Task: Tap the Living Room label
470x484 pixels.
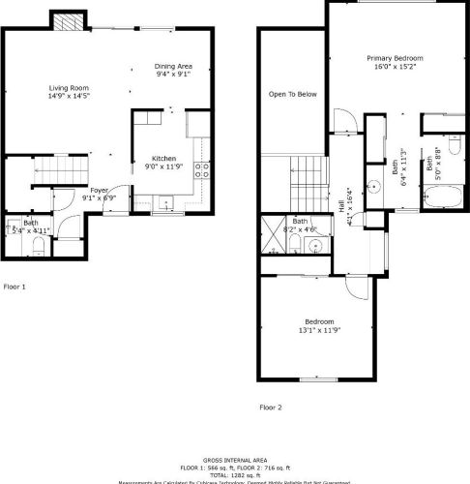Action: coord(70,88)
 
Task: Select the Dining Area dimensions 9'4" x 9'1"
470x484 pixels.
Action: coord(172,74)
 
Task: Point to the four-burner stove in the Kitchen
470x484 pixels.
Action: coord(203,170)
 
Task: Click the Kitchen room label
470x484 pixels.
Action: coord(162,158)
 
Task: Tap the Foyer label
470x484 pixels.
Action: coord(100,191)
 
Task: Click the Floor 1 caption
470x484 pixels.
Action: coord(15,287)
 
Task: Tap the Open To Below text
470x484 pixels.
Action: coord(293,94)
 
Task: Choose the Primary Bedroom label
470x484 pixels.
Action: coord(391,59)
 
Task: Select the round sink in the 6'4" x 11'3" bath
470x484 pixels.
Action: coord(369,184)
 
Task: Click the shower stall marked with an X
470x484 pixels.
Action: coord(271,235)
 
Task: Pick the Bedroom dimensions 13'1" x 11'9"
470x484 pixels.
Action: coord(319,330)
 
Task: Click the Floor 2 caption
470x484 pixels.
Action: coord(271,408)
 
